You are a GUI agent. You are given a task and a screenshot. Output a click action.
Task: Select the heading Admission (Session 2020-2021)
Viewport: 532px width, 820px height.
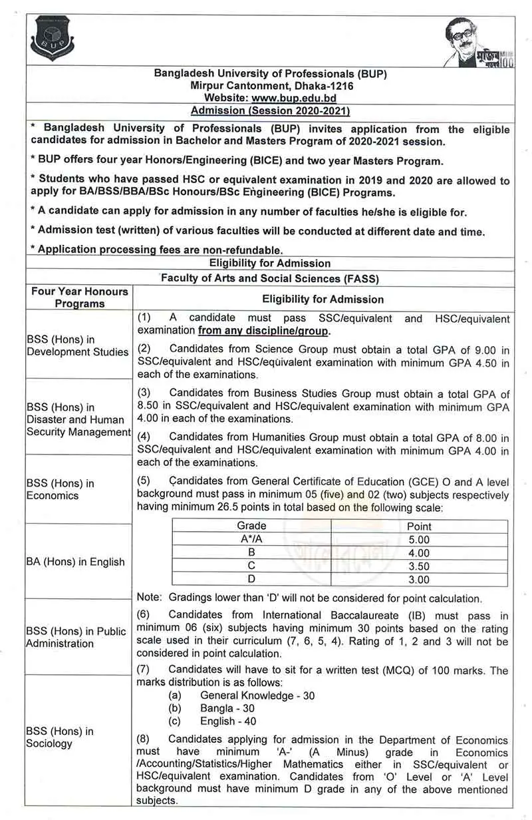pos(269,110)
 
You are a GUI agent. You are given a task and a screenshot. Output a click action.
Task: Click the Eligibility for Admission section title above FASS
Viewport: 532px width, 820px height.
pos(269,263)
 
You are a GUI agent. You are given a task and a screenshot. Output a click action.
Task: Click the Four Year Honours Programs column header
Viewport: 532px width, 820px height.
pos(79,298)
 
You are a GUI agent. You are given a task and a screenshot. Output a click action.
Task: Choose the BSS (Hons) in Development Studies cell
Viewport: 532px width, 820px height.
pos(77,345)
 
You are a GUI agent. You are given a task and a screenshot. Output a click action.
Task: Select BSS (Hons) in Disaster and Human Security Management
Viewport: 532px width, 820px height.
pos(78,419)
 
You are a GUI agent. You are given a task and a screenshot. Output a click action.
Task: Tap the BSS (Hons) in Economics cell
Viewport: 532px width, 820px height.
pos(61,489)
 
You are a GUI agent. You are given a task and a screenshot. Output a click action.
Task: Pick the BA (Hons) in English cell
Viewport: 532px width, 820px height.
pos(76,562)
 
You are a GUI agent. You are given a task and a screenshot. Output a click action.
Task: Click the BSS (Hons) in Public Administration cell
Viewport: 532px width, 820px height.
pos(76,637)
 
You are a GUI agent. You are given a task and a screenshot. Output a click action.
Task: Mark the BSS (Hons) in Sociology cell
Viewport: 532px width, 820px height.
pos(60,737)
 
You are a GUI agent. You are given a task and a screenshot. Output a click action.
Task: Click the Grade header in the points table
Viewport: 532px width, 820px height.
pos(251,526)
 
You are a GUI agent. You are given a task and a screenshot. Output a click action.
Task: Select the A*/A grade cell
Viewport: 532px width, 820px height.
pos(251,540)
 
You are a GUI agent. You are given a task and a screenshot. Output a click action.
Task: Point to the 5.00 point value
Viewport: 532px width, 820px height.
pos(418,540)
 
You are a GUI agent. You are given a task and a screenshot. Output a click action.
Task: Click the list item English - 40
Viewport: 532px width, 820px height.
pos(228,721)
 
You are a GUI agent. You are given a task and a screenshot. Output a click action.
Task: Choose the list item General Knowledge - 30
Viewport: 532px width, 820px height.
pos(257,696)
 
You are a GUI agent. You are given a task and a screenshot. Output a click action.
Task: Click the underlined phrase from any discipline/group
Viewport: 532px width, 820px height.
pos(264,331)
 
